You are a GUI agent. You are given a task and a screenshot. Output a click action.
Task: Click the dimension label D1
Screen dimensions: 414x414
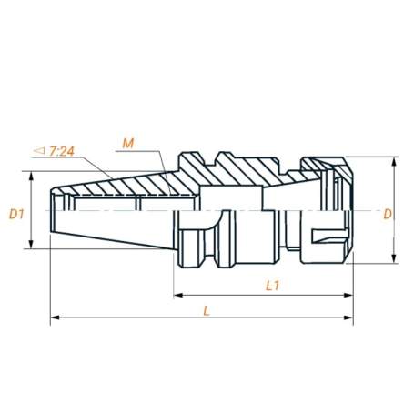click(x=15, y=214)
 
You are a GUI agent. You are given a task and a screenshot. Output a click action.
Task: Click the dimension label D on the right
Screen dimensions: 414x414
click(x=388, y=215)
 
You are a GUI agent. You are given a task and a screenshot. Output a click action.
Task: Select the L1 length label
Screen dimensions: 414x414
click(x=271, y=285)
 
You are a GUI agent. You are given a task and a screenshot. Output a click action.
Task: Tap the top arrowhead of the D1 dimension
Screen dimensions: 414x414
click(x=32, y=176)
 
